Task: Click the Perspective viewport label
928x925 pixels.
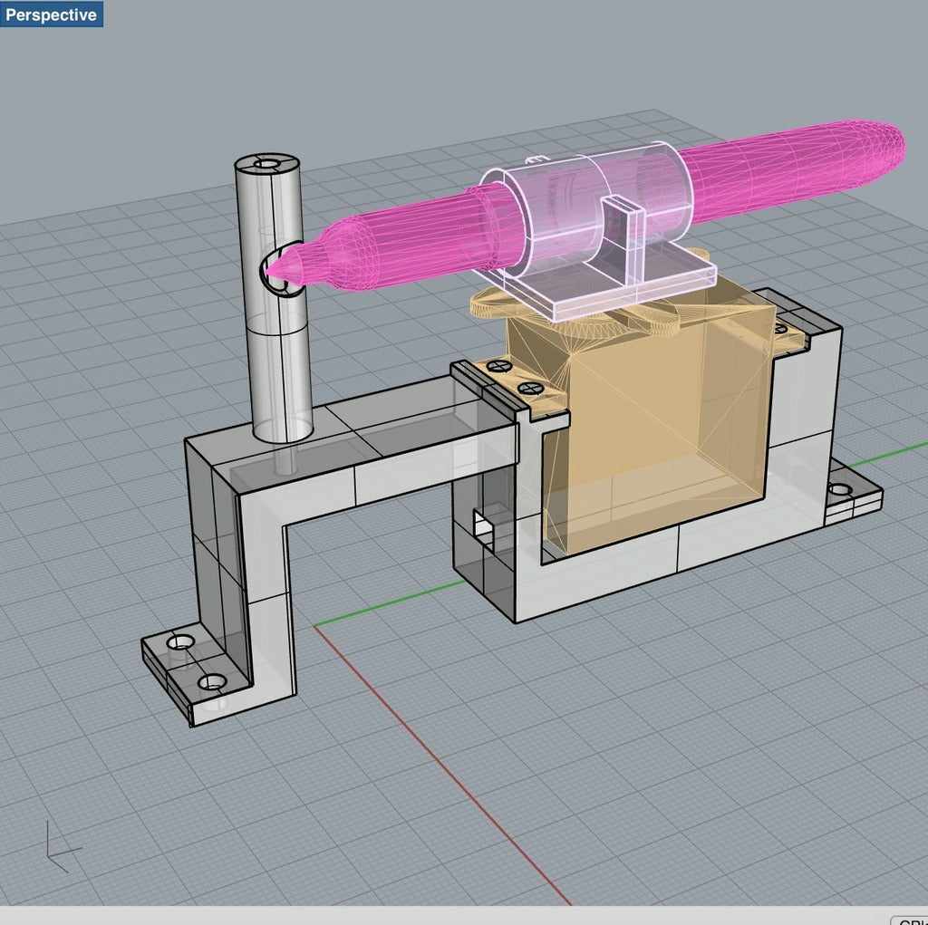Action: (51, 14)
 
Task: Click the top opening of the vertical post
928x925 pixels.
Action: (266, 165)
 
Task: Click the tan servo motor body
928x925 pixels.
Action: (652, 426)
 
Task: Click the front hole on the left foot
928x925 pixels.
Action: (211, 682)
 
